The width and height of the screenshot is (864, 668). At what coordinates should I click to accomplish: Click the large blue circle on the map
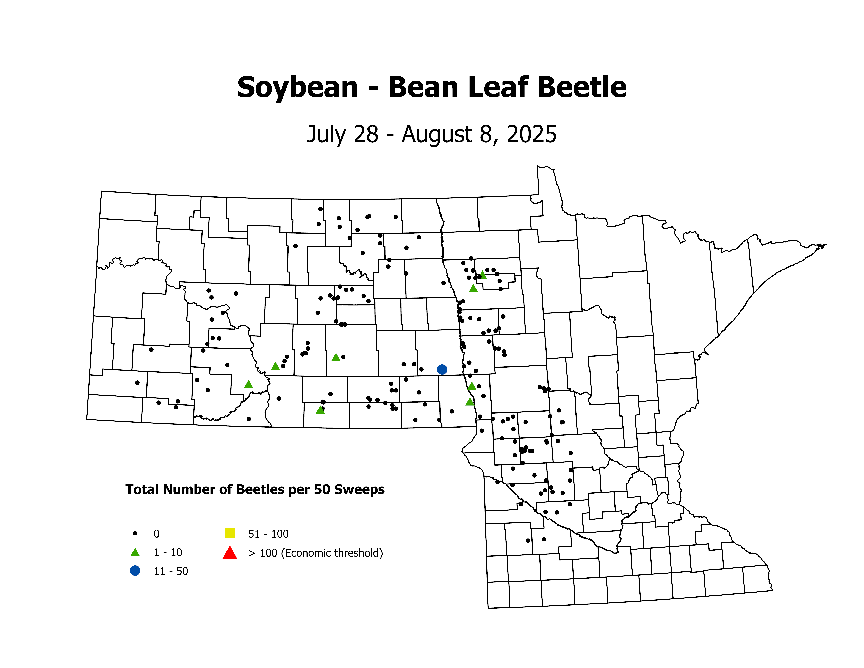pyautogui.click(x=442, y=369)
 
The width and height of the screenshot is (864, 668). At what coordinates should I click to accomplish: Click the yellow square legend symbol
pyautogui.click(x=229, y=533)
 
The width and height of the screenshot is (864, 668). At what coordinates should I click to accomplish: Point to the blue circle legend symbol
pyautogui.click(x=135, y=571)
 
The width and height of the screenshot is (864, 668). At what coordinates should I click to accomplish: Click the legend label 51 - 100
pyautogui.click(x=268, y=534)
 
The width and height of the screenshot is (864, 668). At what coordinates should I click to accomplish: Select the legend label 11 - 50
pyautogui.click(x=171, y=571)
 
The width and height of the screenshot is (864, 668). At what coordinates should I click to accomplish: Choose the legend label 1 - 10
pyautogui.click(x=168, y=552)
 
